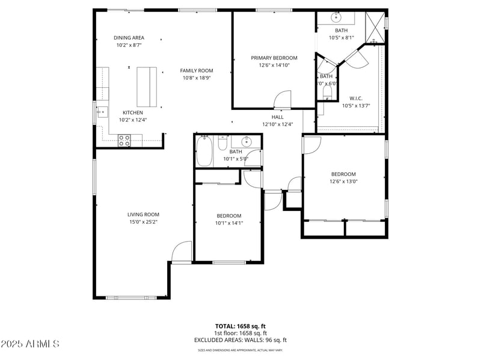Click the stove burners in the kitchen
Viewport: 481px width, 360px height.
coord(124,140)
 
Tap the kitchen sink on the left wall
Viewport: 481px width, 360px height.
coord(101,111)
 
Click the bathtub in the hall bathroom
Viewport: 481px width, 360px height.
coord(204,151)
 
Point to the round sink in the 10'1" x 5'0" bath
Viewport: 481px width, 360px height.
coord(247,142)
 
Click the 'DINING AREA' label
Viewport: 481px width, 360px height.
coord(129,38)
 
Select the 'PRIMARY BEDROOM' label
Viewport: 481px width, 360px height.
coord(274,58)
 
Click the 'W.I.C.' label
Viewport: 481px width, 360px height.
coord(356,99)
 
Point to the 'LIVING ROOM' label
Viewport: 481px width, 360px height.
coord(143,215)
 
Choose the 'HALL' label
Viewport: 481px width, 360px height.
coord(277,117)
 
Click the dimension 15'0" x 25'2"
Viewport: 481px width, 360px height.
coord(143,222)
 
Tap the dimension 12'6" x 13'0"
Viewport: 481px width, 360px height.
coord(343,182)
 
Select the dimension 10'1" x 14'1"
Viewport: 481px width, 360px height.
coord(229,223)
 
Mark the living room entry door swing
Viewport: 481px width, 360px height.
coord(182,253)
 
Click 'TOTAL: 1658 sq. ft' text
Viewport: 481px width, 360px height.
coord(240,326)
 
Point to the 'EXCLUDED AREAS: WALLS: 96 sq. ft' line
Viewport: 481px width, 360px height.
coord(240,340)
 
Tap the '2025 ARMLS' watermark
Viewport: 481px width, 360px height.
coord(30,344)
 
